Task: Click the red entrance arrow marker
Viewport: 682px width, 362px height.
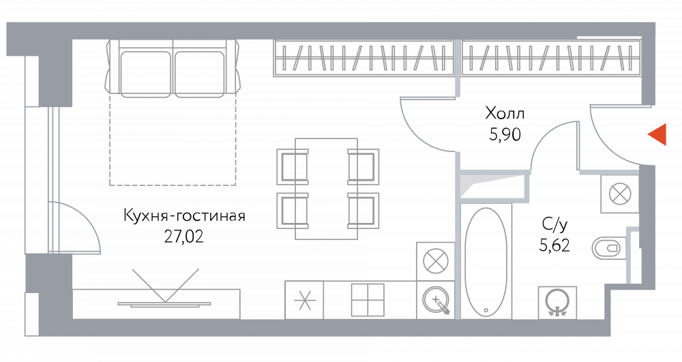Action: click(x=657, y=134)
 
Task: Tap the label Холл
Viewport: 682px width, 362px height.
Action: click(x=505, y=114)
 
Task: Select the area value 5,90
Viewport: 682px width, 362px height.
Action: click(x=505, y=135)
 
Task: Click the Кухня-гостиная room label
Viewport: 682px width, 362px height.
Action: click(x=184, y=216)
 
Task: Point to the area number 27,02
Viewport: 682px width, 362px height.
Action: click(x=183, y=237)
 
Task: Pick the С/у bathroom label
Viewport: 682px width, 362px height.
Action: click(x=554, y=225)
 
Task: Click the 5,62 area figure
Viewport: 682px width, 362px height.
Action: click(x=554, y=246)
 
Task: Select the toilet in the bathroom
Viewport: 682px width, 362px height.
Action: click(x=609, y=249)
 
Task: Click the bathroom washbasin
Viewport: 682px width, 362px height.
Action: click(x=557, y=301)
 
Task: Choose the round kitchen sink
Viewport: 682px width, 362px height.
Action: click(x=435, y=300)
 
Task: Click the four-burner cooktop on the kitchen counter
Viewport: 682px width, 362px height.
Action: click(x=368, y=300)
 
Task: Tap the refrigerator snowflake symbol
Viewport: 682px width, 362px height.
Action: click(x=304, y=300)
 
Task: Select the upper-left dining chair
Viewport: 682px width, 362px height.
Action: click(x=293, y=166)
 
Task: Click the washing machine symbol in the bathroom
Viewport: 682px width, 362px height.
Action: click(x=620, y=194)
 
